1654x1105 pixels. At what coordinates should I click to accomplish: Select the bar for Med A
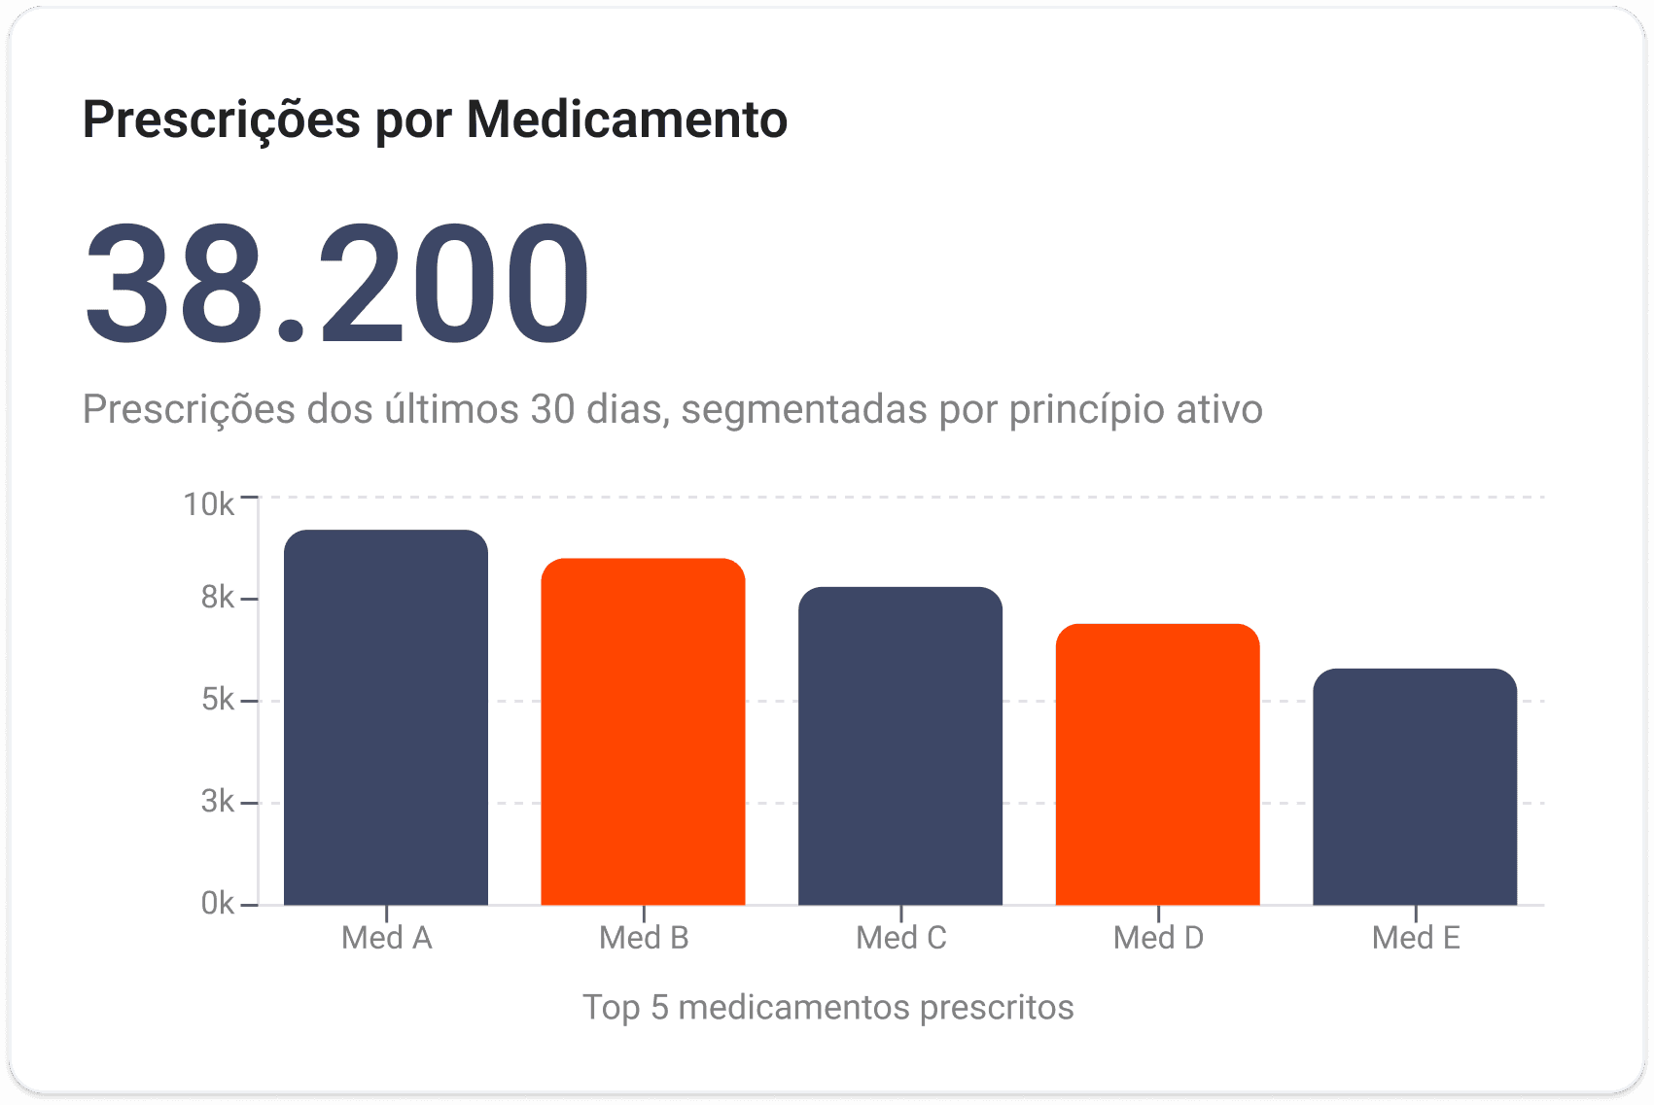click(x=385, y=716)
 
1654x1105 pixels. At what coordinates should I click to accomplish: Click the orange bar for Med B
click(x=643, y=732)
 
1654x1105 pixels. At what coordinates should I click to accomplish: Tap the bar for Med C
click(x=900, y=745)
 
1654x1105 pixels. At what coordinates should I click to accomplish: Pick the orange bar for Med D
click(x=1158, y=764)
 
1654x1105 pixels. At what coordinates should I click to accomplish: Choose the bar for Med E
click(x=1415, y=787)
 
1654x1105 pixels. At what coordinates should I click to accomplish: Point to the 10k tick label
click(x=209, y=505)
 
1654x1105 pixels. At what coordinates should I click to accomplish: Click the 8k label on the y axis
click(x=218, y=597)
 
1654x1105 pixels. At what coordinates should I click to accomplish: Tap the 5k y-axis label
click(x=218, y=699)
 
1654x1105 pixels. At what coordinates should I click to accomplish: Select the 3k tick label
click(x=218, y=801)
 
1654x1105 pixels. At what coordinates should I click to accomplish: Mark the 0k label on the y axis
click(x=218, y=903)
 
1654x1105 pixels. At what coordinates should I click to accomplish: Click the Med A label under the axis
click(x=386, y=938)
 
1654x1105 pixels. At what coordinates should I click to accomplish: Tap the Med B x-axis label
click(x=644, y=938)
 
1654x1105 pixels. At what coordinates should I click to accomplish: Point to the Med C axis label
click(x=900, y=938)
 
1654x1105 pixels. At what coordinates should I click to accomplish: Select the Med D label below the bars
click(x=1158, y=938)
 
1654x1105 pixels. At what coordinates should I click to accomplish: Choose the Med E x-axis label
click(x=1416, y=938)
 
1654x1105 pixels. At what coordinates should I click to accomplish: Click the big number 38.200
click(x=337, y=284)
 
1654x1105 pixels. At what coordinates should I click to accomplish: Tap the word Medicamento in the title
click(x=627, y=119)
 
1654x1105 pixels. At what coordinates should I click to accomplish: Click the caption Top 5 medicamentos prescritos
click(x=827, y=1008)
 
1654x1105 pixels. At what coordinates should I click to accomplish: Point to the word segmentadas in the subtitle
click(x=803, y=410)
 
